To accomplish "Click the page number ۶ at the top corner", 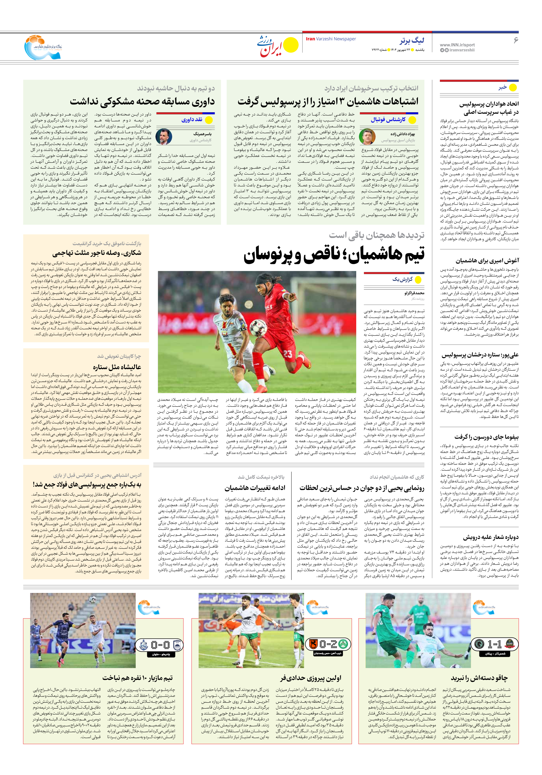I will [x=515, y=40].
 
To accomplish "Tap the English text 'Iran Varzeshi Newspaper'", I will [x=331, y=39].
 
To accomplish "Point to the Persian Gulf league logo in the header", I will [x=43, y=47].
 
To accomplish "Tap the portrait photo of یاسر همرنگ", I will [x=164, y=136].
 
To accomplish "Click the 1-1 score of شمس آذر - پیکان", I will [x=495, y=644].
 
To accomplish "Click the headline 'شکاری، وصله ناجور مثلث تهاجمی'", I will [x=97, y=253].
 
